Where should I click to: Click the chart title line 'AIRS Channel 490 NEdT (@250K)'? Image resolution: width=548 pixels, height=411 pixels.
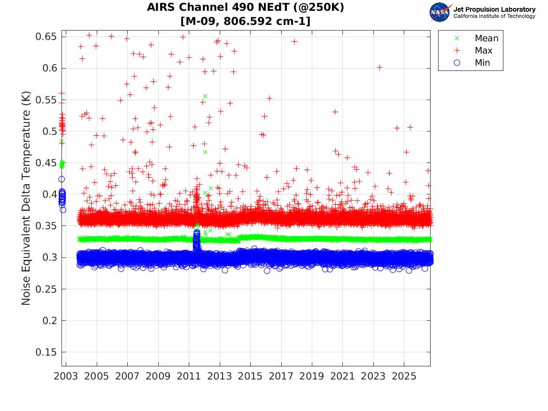tap(245, 8)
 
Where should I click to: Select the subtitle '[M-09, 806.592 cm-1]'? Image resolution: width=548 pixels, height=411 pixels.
tap(245, 21)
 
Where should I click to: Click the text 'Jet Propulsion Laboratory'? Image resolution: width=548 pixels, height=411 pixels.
tap(494, 9)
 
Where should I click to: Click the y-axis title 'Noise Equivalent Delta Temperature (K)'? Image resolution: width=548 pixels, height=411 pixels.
tap(26, 198)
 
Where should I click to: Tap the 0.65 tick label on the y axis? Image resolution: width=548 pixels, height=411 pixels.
tap(46, 37)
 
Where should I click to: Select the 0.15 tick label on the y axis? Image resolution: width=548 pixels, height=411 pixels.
tap(46, 352)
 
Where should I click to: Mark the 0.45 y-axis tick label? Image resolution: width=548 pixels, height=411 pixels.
tap(46, 163)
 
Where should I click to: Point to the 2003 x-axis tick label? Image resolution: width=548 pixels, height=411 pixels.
tap(66, 376)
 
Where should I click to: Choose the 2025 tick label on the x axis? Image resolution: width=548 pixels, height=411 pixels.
tap(404, 376)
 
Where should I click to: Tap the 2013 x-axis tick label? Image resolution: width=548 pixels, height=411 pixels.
tap(219, 376)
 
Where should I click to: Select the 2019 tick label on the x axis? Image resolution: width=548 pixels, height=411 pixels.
tap(312, 376)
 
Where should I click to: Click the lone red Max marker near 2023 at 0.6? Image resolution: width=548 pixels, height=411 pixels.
tap(379, 68)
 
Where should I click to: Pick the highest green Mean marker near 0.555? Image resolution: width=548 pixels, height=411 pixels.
tap(205, 96)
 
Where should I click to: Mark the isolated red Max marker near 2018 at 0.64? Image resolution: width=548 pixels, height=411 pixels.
tap(294, 42)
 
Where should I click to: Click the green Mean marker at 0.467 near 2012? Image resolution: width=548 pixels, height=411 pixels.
tap(205, 152)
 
